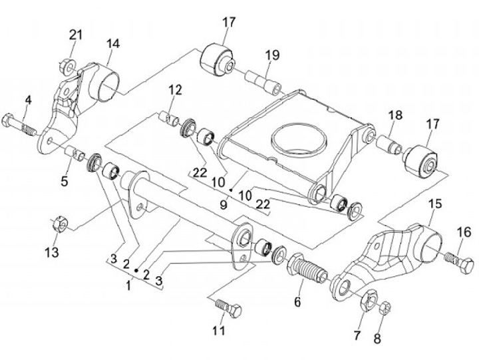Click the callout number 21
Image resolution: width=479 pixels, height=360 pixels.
[76, 35]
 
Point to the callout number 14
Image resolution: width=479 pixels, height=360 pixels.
[113, 44]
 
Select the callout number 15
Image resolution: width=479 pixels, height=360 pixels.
[434, 203]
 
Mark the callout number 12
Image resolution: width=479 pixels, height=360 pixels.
[175, 89]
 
